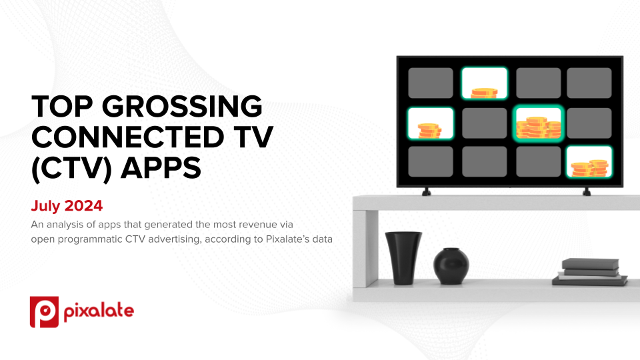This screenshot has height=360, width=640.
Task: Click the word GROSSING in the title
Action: [x=181, y=107]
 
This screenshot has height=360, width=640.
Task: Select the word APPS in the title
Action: [x=161, y=168]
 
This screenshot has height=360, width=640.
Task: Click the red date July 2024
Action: [x=67, y=206]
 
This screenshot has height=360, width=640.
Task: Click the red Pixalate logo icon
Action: [x=44, y=312]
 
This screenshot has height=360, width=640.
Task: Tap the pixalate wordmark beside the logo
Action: [x=99, y=312]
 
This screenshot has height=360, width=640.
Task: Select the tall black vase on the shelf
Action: [x=403, y=258]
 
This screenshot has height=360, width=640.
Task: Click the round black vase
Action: [x=451, y=266]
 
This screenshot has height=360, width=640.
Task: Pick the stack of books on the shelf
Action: [x=590, y=272]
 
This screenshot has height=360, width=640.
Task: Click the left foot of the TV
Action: [x=426, y=192]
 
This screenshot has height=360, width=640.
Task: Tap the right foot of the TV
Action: [x=587, y=192]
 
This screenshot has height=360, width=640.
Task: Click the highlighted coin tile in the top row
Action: [x=485, y=83]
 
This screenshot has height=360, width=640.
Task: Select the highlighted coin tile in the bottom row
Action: [x=589, y=161]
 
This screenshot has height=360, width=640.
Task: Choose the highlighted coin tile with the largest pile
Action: [x=539, y=123]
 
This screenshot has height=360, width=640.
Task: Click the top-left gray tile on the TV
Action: [x=431, y=83]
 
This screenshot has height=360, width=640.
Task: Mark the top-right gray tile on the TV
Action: [x=589, y=83]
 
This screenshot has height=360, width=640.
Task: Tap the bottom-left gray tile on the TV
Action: [x=431, y=161]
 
